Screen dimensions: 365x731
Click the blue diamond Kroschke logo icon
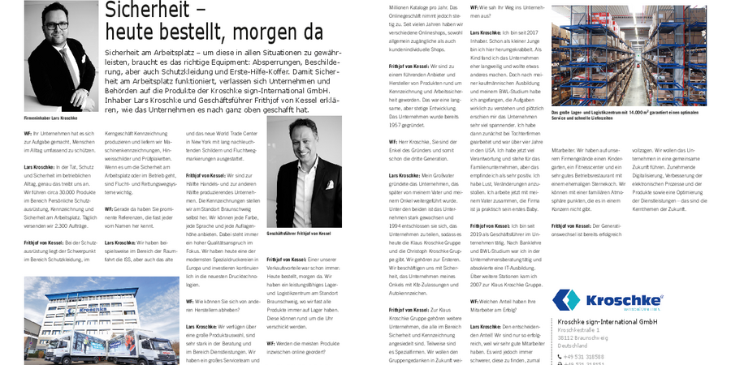(568, 300)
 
